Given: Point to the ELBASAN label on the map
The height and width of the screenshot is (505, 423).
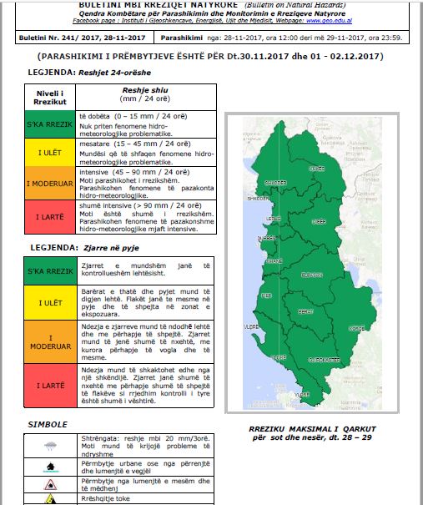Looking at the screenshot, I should point(312,275).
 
